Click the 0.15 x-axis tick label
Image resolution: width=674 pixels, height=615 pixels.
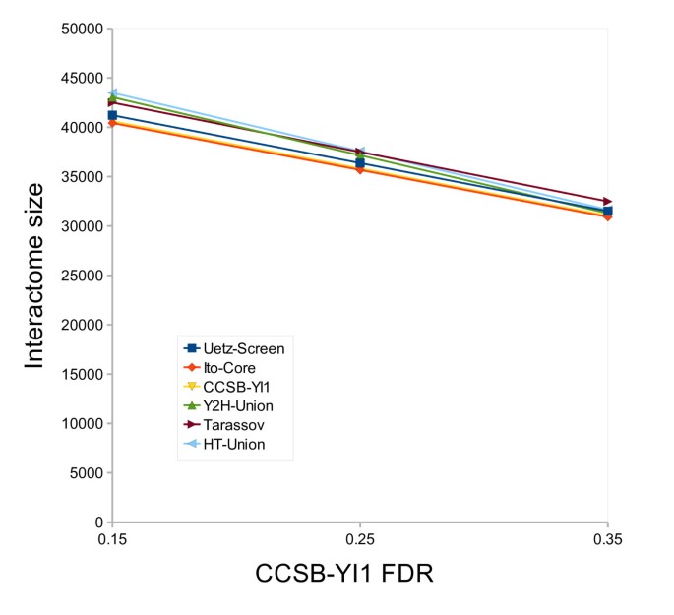[112, 540]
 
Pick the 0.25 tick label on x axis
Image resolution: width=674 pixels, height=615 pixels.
[360, 540]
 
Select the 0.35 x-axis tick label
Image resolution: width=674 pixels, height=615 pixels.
[607, 540]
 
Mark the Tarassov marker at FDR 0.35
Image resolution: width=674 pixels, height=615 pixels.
[607, 202]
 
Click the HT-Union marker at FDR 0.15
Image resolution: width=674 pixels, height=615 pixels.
[113, 93]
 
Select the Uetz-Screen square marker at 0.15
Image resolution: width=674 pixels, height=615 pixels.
[113, 115]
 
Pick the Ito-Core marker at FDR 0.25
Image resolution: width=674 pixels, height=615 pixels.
[360, 169]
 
